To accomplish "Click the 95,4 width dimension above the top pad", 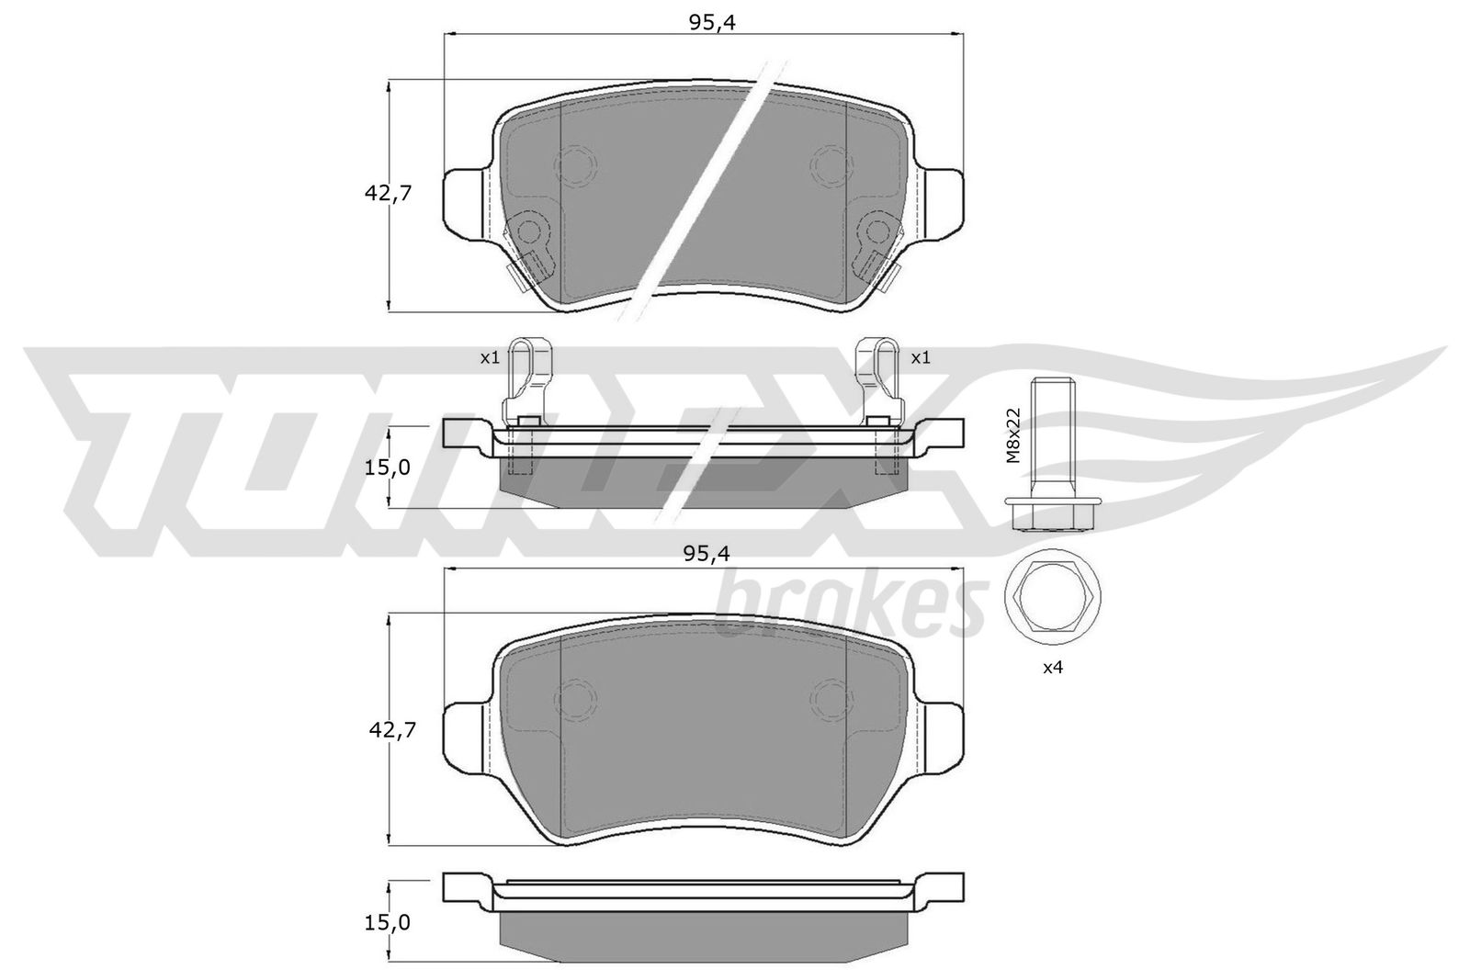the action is click(712, 23).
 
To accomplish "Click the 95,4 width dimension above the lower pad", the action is click(707, 554).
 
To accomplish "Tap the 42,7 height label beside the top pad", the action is click(388, 194).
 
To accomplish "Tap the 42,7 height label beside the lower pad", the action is click(392, 729).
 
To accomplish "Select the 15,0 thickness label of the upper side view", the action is click(387, 467).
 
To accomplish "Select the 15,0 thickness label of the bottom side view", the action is click(387, 922).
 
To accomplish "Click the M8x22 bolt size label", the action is click(1014, 435).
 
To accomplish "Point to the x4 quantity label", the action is click(1053, 668).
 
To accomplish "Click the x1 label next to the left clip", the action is click(490, 357).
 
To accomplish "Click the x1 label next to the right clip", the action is click(921, 357).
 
